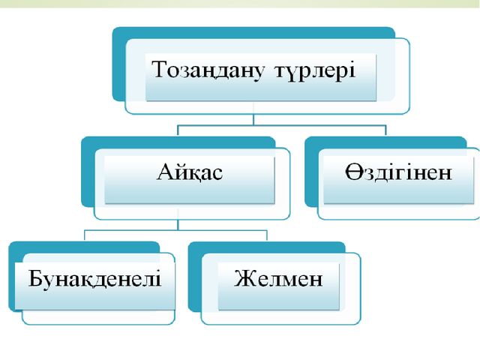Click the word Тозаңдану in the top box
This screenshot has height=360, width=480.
pyautogui.click(x=208, y=70)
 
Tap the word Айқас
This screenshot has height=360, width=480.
pyautogui.click(x=190, y=173)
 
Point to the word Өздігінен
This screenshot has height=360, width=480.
pyautogui.click(x=398, y=172)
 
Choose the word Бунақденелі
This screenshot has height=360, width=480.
pyautogui.click(x=94, y=279)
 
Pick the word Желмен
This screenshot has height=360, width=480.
pyautogui.click(x=278, y=278)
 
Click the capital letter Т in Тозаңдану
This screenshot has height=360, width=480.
pyautogui.click(x=160, y=69)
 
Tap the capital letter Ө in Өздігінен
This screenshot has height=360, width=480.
pyautogui.click(x=355, y=172)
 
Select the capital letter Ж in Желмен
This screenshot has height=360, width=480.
pyautogui.click(x=246, y=278)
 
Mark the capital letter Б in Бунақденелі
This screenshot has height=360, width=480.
pyautogui.click(x=36, y=278)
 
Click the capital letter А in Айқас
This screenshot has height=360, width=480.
pyautogui.click(x=167, y=172)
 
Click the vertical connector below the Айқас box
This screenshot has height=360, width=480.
pyautogui.click(x=178, y=220)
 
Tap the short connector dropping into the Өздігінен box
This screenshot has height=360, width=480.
pyautogui.click(x=385, y=130)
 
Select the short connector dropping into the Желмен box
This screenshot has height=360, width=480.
pyautogui.click(x=267, y=236)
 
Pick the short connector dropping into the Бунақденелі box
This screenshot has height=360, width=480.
pyautogui.click(x=85, y=236)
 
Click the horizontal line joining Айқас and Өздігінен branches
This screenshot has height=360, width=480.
pyautogui.click(x=282, y=125)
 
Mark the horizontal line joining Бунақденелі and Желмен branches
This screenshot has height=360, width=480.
pyautogui.click(x=176, y=230)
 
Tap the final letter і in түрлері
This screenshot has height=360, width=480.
pyautogui.click(x=352, y=70)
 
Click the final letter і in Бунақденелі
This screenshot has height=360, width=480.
pyautogui.click(x=157, y=278)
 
